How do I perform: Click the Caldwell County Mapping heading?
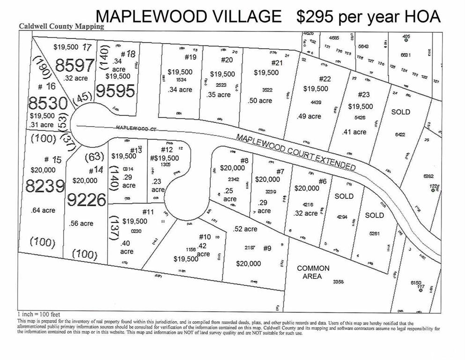click(61, 27)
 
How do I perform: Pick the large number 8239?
click(45, 187)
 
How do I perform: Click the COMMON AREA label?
click(313, 272)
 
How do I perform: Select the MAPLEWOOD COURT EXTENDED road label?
click(295, 152)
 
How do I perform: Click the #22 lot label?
click(325, 79)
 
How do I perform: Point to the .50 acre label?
click(259, 101)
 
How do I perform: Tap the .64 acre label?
click(43, 210)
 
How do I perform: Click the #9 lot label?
click(268, 247)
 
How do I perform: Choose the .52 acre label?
click(245, 229)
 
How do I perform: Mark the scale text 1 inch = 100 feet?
click(39, 314)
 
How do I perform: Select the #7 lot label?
click(280, 172)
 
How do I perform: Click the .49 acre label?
click(309, 116)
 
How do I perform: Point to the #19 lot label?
click(190, 57)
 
